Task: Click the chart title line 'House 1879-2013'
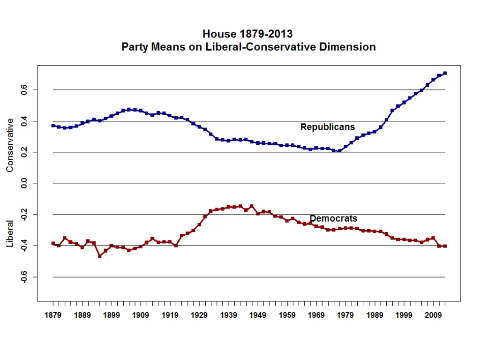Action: (x=247, y=34)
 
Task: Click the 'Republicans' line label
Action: (x=328, y=127)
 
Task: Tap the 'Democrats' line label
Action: (x=334, y=218)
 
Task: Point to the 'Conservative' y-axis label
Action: (x=10, y=145)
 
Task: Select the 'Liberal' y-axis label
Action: (x=10, y=234)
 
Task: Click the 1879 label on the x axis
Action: (x=53, y=315)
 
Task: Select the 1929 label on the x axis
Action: (x=199, y=315)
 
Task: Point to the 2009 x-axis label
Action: (x=433, y=315)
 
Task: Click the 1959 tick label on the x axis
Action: (x=287, y=315)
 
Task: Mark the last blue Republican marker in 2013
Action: (x=445, y=73)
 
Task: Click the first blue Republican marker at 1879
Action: (x=53, y=125)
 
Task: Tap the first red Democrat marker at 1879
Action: (x=53, y=243)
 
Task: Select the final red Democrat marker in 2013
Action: (x=445, y=246)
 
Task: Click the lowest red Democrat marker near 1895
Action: (x=100, y=256)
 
